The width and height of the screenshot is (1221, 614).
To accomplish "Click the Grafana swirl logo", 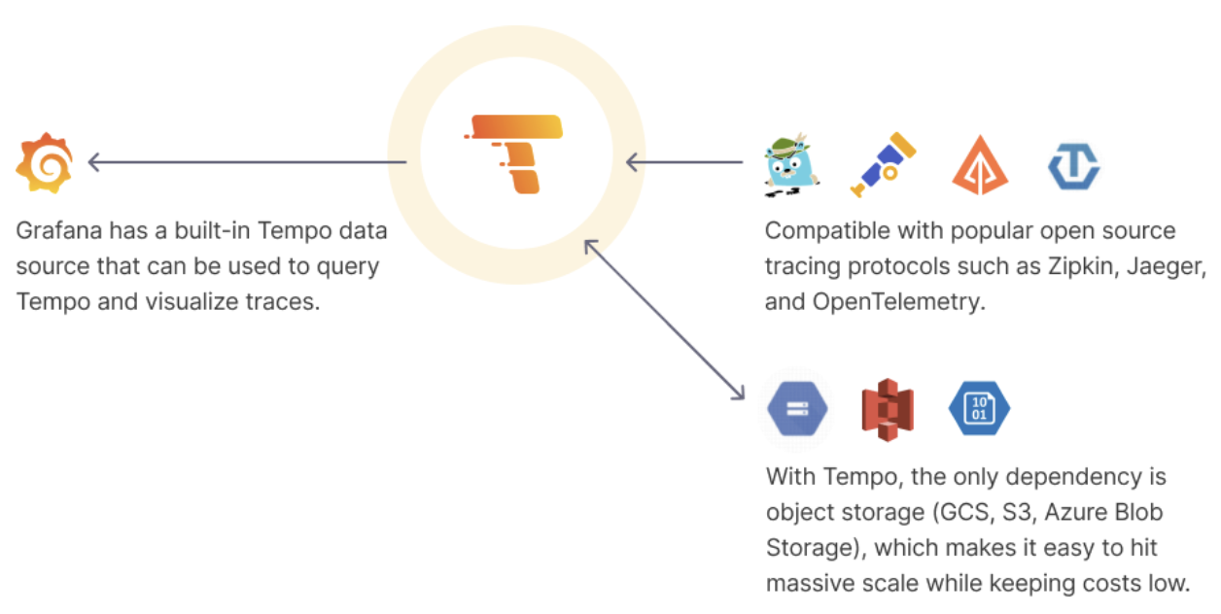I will coord(45,163).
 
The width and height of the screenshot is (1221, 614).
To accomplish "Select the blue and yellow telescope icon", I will coord(883,163).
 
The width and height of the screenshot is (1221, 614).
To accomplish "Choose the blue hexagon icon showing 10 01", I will coord(979,407).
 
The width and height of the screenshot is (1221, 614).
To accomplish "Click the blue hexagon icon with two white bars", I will coord(797,407).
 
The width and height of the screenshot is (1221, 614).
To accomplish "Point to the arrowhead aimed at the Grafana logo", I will coord(95,161).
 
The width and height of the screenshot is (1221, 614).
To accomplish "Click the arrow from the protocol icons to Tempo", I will coord(690,161).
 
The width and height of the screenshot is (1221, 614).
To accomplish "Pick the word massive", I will coord(807,584).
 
